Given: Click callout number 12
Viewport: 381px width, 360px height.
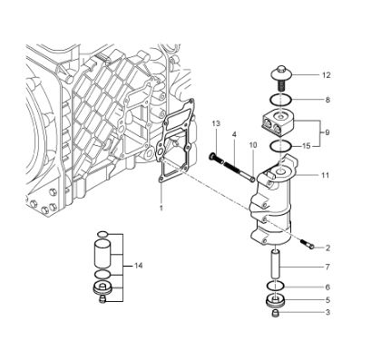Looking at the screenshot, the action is [x=326, y=75].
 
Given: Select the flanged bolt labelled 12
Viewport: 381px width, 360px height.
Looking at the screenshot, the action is [x=281, y=78].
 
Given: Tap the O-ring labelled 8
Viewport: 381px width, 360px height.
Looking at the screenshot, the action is [x=280, y=99].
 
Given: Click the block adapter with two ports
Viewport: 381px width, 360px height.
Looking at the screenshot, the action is [x=278, y=122].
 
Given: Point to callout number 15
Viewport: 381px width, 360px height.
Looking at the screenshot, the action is [x=307, y=146].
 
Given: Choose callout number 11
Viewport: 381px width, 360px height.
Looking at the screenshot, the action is [x=325, y=175].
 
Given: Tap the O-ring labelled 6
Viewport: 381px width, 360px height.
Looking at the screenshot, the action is [x=276, y=285].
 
